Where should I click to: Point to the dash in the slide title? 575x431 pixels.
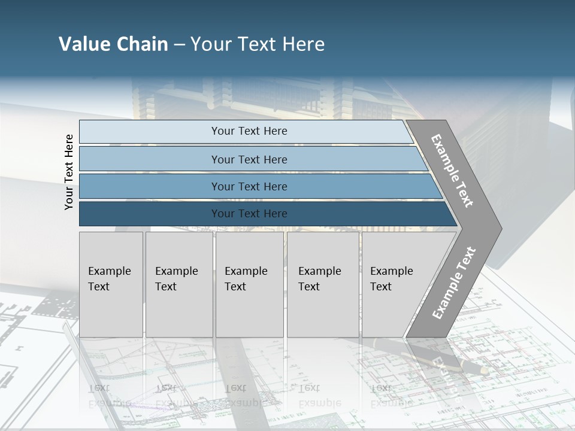(179, 45)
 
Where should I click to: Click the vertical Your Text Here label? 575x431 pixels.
(69, 172)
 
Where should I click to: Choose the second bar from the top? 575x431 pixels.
(249, 159)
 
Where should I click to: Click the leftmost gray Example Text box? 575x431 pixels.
(111, 284)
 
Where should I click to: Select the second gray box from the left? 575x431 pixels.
(179, 284)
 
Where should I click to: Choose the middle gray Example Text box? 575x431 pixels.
(249, 284)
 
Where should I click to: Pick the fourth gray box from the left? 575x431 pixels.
(323, 284)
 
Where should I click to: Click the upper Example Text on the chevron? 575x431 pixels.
(452, 171)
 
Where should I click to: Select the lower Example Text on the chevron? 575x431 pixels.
(454, 283)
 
